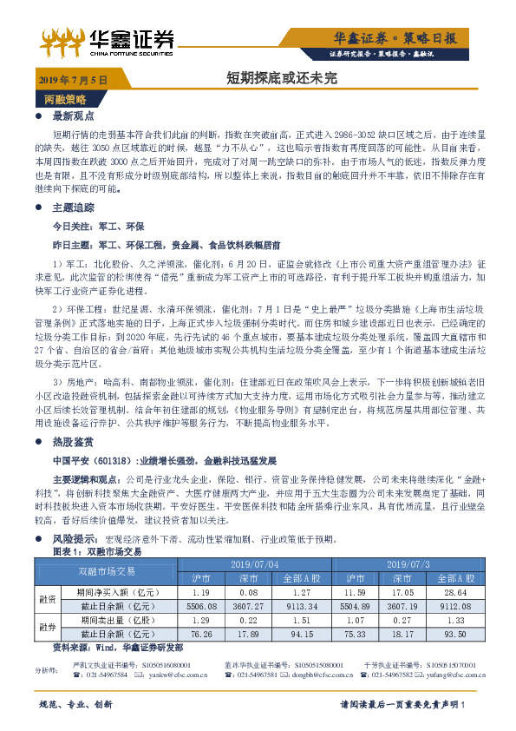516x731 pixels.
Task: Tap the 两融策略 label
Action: point(65,99)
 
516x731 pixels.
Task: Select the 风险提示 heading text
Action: point(75,539)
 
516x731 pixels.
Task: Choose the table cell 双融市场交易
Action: point(107,570)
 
